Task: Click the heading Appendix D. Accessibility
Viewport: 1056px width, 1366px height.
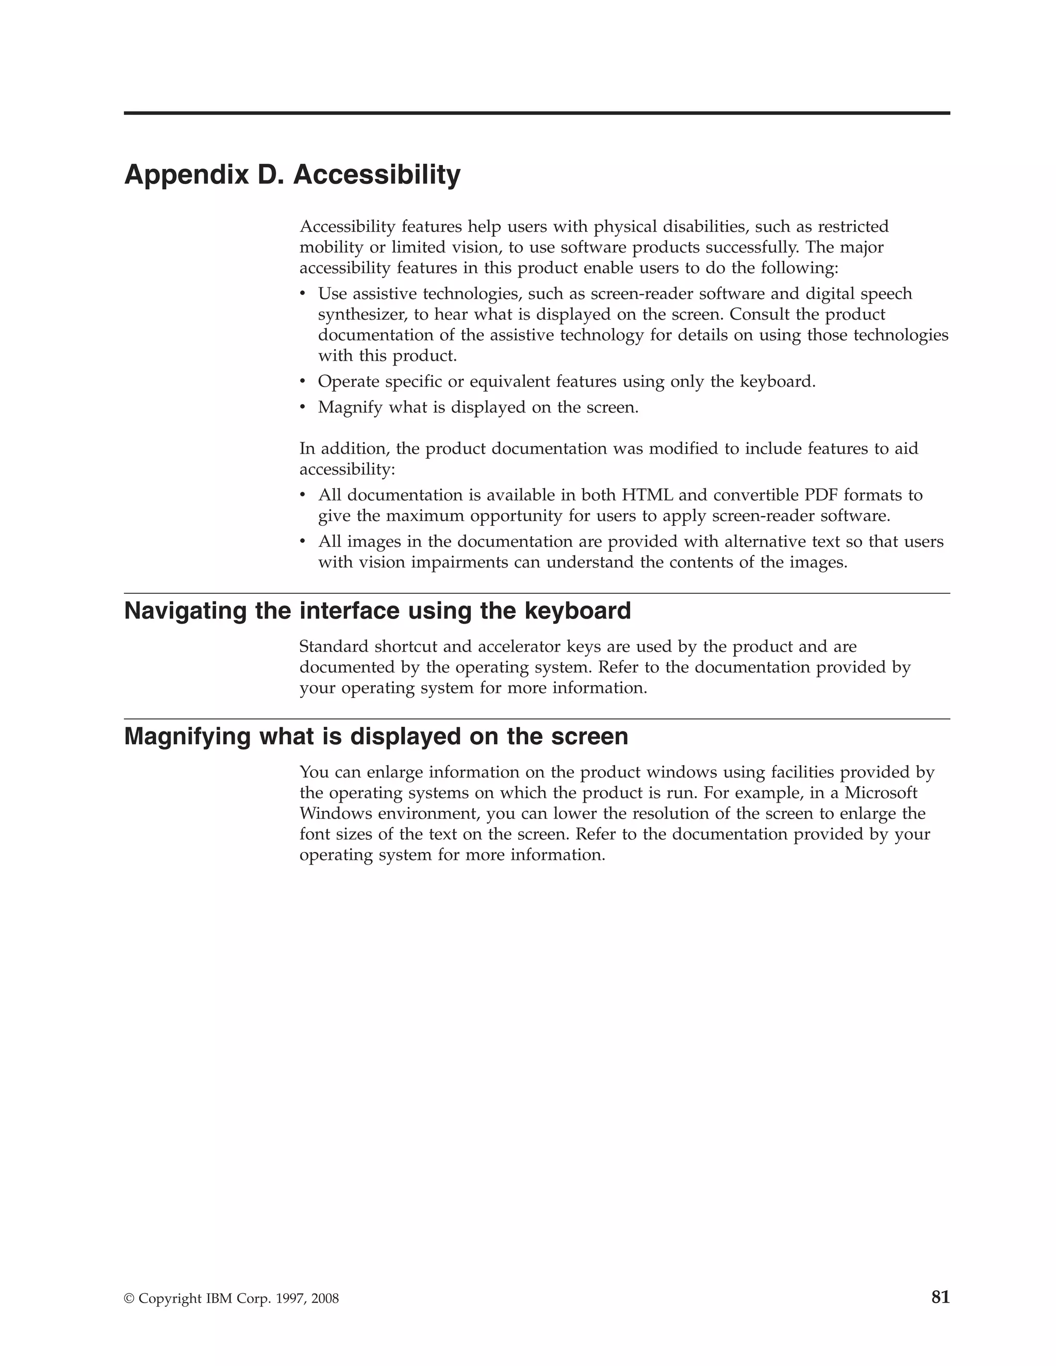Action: point(292,175)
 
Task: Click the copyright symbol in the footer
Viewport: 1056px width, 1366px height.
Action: point(129,1298)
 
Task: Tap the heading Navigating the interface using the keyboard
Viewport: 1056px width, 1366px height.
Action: point(377,610)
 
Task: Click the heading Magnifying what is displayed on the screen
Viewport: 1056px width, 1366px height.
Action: point(376,736)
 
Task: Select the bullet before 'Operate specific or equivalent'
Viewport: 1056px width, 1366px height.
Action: point(303,381)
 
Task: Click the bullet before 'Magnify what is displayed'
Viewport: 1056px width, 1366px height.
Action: point(303,407)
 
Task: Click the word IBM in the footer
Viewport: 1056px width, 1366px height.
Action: point(218,1298)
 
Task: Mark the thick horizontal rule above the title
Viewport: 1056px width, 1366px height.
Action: point(537,113)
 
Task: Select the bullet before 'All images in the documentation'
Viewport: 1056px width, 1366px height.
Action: point(303,541)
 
